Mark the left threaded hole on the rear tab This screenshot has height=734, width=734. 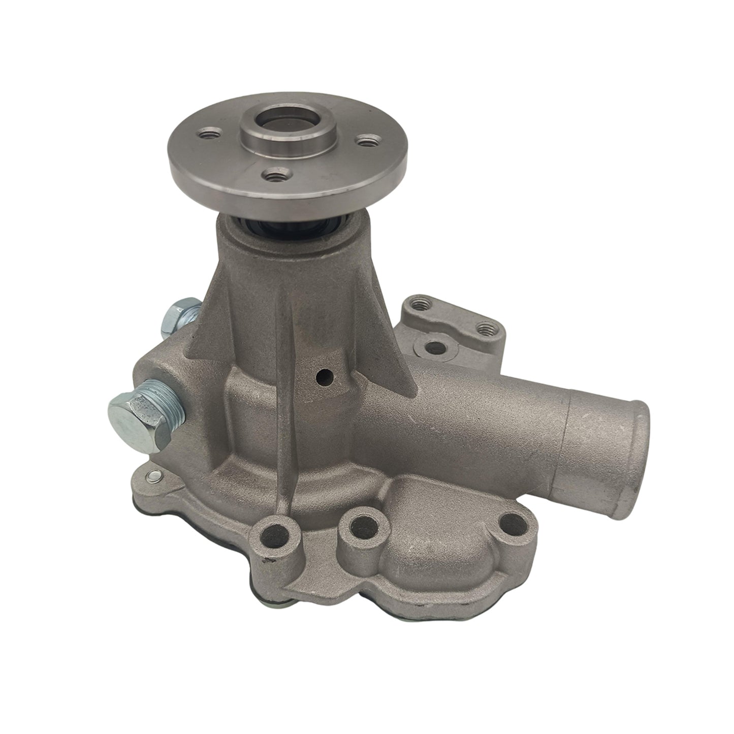coord(419,305)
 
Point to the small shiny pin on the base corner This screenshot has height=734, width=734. coord(151,476)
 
